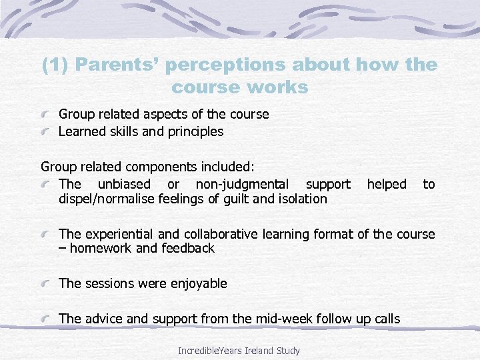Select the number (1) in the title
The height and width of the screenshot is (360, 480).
[x=55, y=65]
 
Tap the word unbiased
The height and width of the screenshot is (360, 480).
[x=123, y=184]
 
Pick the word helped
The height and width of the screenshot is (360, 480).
[x=386, y=184]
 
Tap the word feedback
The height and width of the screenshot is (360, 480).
[x=189, y=249]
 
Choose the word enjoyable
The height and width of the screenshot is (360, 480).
[x=197, y=283]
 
